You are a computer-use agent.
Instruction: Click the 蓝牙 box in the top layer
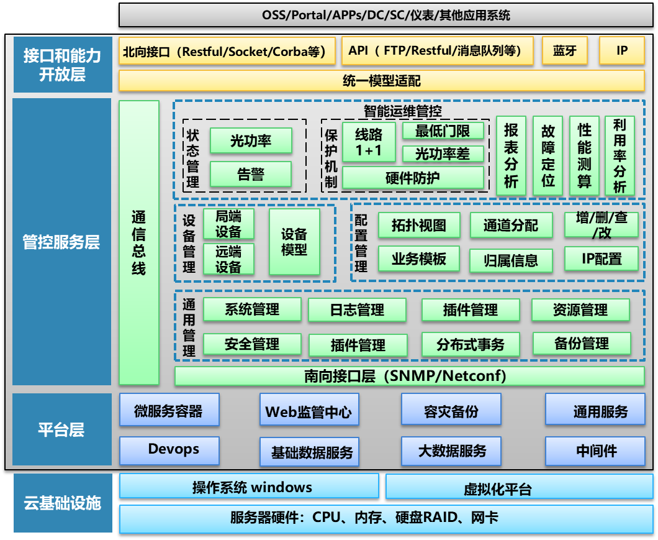564,51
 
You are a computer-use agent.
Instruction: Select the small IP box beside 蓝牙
622,51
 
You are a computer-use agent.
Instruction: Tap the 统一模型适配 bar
382,81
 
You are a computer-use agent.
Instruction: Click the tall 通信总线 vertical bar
139,242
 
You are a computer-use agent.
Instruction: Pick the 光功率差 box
443,153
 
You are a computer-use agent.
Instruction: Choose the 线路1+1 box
369,142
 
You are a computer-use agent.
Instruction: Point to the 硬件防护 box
413,178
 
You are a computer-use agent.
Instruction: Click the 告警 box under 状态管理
251,175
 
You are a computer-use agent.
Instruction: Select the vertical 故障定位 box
548,155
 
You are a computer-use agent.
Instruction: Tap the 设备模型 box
294,242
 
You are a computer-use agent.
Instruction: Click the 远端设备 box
228,259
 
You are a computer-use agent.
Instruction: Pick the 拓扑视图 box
419,225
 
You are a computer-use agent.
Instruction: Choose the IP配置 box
601,259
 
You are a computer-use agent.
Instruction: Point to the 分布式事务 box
471,344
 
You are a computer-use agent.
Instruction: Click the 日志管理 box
358,309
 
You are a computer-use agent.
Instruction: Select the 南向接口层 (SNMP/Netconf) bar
410,376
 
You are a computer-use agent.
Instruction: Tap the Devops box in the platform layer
169,451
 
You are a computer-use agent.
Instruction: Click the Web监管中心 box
309,411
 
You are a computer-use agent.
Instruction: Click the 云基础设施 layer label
63,503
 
